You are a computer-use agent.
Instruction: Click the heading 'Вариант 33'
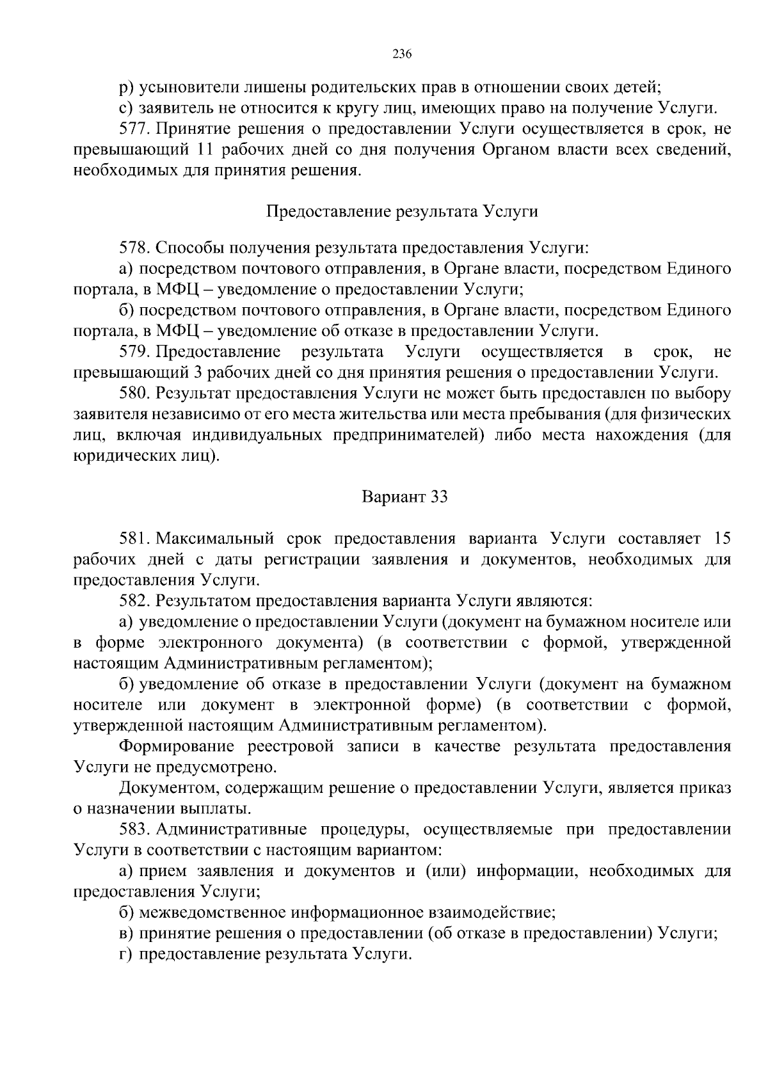pyautogui.click(x=404, y=497)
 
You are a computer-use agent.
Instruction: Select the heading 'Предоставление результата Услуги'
pyautogui.click(x=401, y=211)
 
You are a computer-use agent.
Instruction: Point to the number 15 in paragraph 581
pyautogui.click(x=721, y=539)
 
